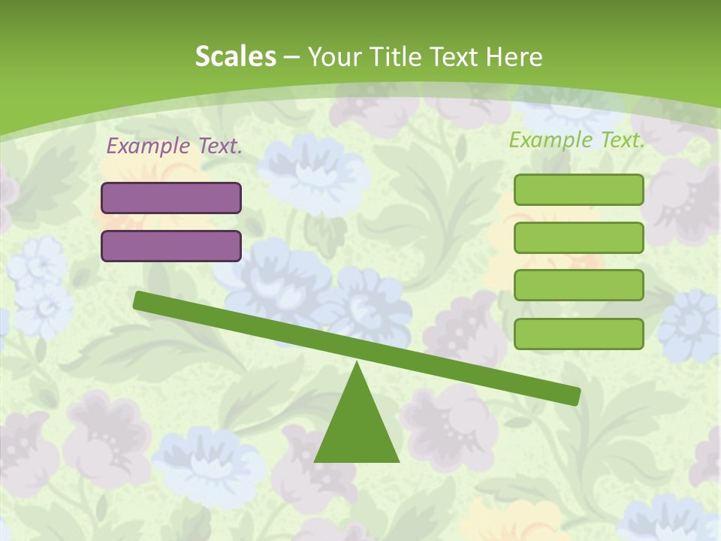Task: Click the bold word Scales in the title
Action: (236, 56)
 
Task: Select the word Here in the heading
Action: (511, 56)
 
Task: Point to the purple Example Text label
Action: (174, 146)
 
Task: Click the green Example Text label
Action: (577, 139)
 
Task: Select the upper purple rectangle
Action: (171, 198)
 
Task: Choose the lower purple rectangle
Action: (171, 246)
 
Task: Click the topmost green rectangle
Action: (578, 189)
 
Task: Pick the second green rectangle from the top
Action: (578, 237)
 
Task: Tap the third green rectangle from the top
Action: (578, 285)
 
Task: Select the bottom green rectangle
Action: (578, 334)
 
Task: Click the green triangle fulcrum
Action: (357, 428)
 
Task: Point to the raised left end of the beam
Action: (140, 300)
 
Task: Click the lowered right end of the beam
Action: (574, 395)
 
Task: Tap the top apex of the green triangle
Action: (357, 363)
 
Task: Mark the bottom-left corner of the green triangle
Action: (315, 461)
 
